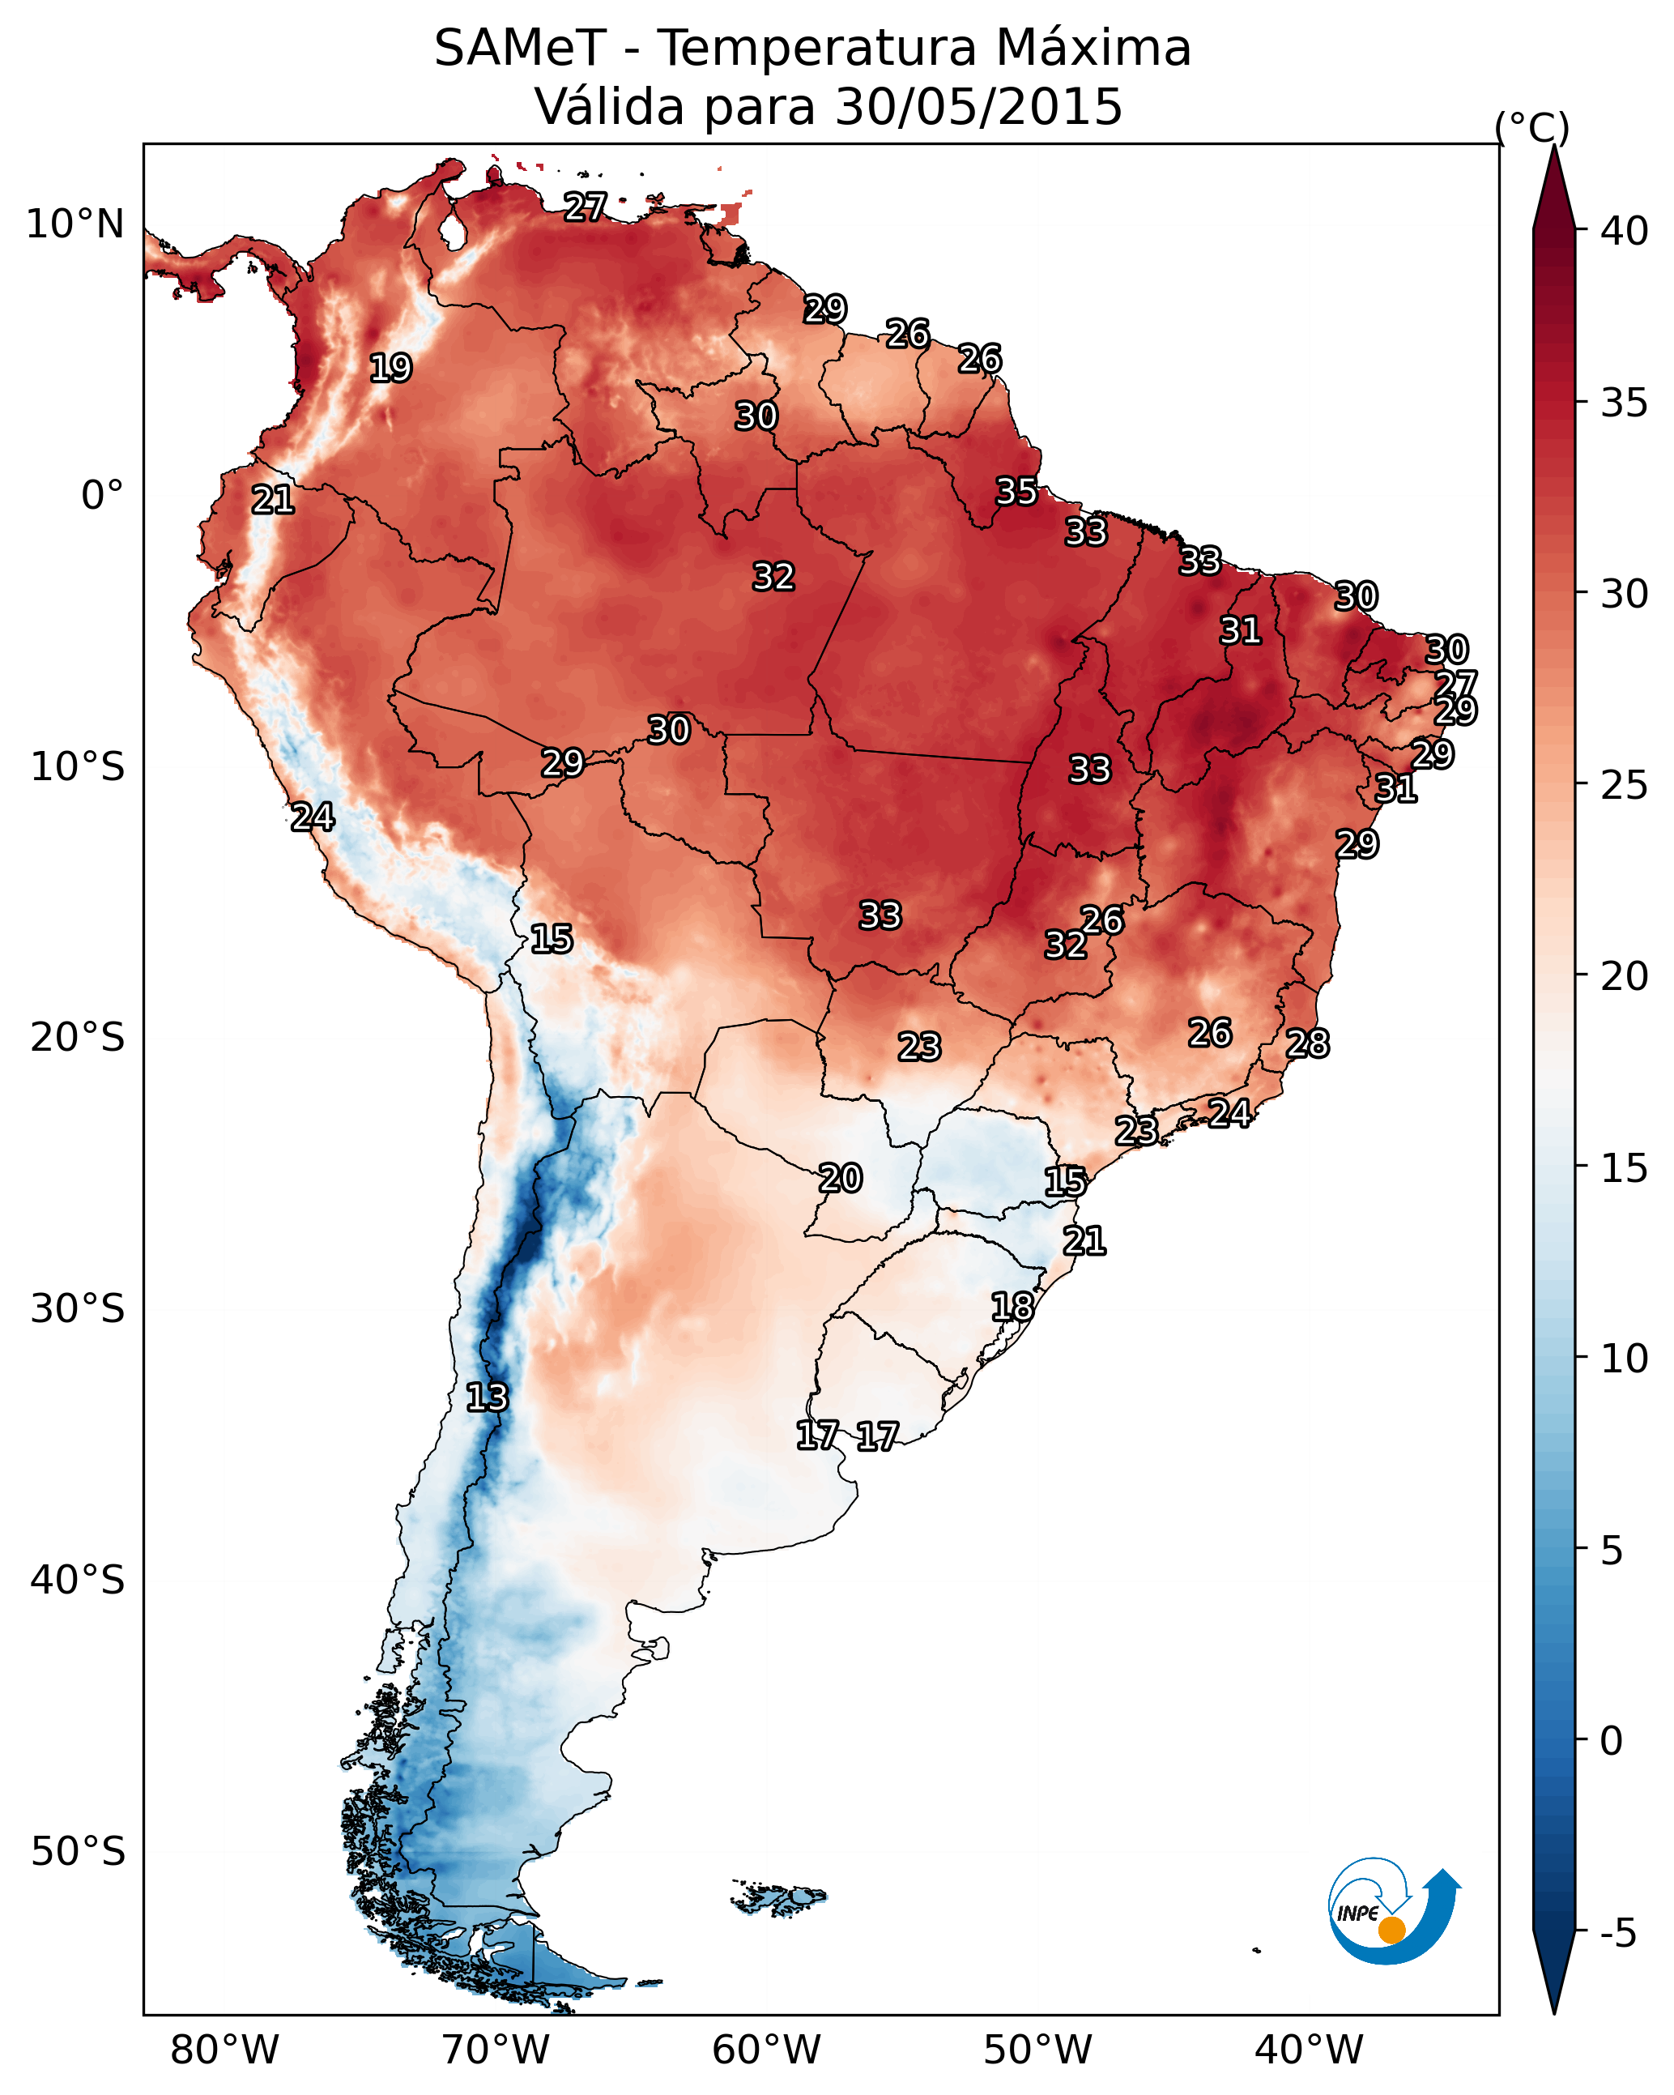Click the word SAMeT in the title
(520, 49)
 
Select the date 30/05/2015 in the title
(978, 107)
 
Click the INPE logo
(1392, 1915)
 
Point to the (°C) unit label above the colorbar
(1532, 127)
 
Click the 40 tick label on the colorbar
(1625, 231)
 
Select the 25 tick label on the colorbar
(1625, 785)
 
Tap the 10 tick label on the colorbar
(1625, 1359)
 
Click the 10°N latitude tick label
(75, 224)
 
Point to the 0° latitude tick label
(102, 496)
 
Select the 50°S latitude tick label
(78, 1852)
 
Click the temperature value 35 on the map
(1016, 492)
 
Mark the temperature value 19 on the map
(390, 369)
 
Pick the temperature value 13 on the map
(487, 1397)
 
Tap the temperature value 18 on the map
(1012, 1307)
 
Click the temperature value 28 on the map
(1308, 1043)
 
